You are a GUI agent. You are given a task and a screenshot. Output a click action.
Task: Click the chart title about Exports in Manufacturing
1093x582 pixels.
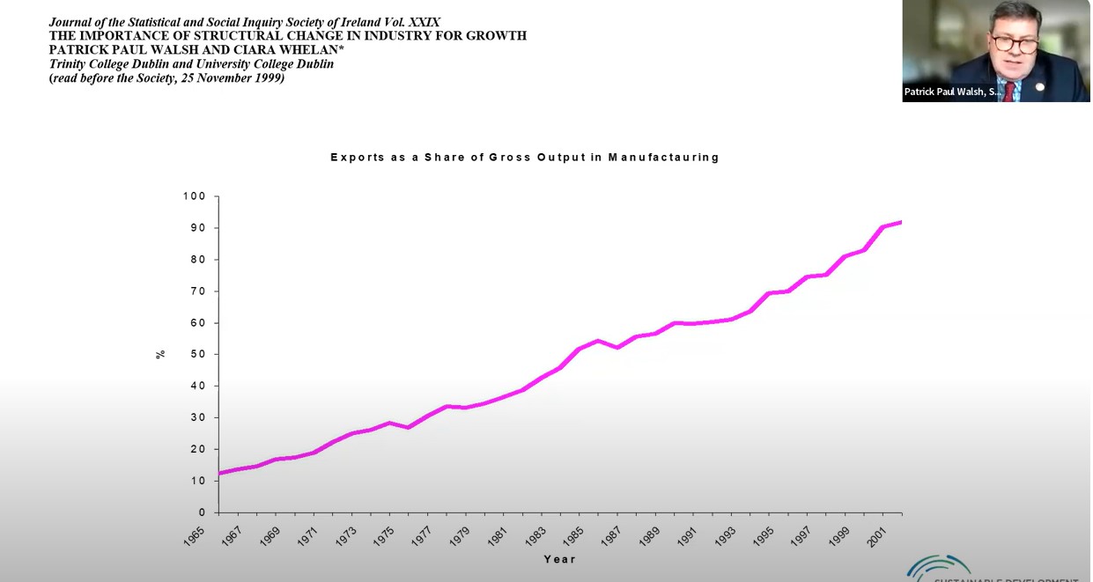coord(525,158)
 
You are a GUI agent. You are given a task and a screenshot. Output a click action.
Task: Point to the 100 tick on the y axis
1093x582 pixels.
coord(195,196)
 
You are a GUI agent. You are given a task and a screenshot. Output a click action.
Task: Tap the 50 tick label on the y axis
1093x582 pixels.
coord(198,354)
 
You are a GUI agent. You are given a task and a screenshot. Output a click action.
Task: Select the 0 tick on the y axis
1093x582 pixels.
coord(202,512)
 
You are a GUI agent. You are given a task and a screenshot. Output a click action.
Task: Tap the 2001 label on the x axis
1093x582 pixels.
coord(876,535)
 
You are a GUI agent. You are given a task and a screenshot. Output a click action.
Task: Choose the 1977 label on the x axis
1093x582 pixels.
coord(422,535)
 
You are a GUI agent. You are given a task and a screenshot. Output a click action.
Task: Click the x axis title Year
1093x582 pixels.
coord(559,559)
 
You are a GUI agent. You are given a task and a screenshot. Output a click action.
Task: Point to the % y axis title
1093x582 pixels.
coord(160,354)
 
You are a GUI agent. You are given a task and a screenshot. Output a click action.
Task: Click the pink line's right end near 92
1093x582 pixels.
coord(900,222)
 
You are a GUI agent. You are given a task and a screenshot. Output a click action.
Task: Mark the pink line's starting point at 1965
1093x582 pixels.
coord(219,474)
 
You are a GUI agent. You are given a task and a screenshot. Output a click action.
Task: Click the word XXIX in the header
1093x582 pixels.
coord(424,22)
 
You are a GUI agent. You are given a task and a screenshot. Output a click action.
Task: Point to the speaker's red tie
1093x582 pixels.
coord(1009,91)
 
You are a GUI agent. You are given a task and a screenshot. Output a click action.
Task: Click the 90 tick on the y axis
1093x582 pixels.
coord(198,228)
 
